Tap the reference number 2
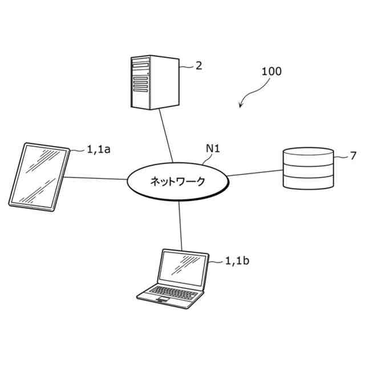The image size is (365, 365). tap(198, 66)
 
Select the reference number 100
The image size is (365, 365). tap(271, 72)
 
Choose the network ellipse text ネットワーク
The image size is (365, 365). tap(177, 181)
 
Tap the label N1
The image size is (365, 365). tap(213, 149)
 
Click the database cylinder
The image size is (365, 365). tap(308, 169)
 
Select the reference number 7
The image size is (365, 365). tap(353, 155)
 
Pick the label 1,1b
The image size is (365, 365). tap(237, 261)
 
